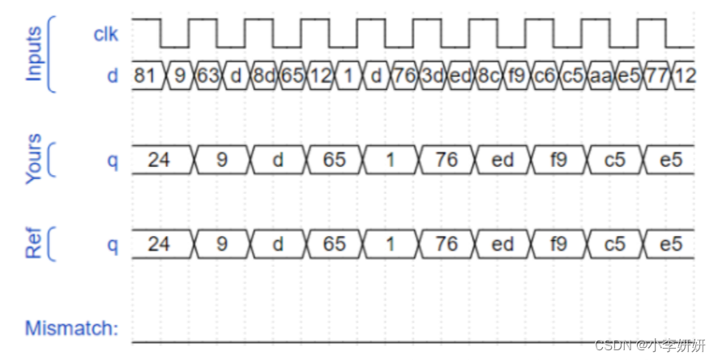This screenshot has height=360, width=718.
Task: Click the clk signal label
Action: tap(105, 35)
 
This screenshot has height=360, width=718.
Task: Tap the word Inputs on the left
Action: tap(34, 54)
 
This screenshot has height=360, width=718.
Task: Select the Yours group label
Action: tap(34, 160)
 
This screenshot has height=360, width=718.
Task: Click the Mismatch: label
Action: tap(71, 328)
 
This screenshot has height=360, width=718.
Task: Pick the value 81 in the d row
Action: tap(146, 77)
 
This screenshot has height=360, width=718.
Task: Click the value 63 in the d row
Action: tap(208, 77)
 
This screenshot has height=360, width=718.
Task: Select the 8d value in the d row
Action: tap(264, 77)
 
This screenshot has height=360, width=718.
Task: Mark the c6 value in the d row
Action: tap(545, 77)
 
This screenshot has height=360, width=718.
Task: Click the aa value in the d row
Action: tap(600, 77)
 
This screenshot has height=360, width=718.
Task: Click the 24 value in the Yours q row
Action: tap(159, 160)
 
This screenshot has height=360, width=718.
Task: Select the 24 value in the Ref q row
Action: tap(159, 244)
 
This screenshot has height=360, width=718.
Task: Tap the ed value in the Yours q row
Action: tap(502, 160)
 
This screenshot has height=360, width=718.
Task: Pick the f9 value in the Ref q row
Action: tap(559, 244)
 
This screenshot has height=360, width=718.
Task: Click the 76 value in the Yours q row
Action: tap(447, 160)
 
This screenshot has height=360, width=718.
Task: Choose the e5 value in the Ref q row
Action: tap(671, 244)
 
